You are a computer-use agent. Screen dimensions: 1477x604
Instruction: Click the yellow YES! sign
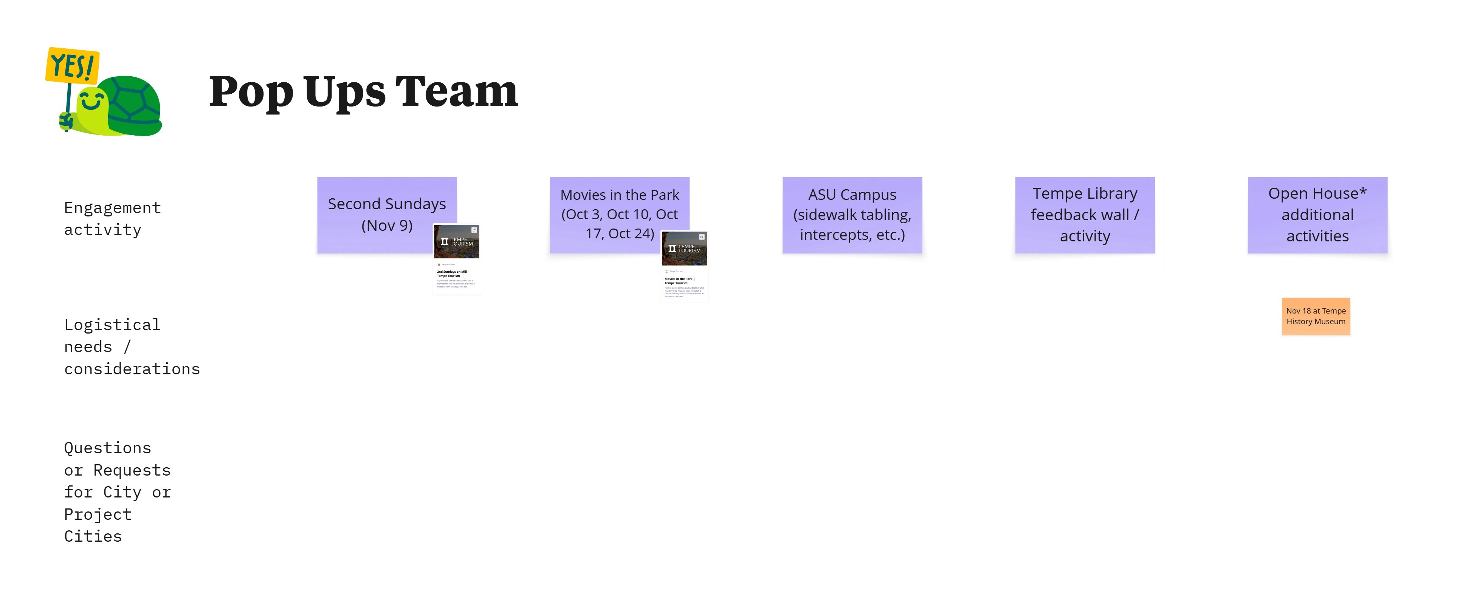[x=72, y=65]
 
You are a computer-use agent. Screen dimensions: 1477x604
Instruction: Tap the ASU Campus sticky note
[x=852, y=215]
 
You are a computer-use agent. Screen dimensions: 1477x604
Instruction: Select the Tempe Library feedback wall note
[x=1085, y=215]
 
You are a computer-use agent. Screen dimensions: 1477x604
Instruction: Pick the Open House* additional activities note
[x=1317, y=215]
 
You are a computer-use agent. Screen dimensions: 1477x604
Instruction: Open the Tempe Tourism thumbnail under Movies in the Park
[x=684, y=266]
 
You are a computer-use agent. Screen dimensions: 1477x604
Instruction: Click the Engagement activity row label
[x=112, y=218]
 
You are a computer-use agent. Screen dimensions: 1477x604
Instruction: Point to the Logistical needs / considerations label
[x=132, y=347]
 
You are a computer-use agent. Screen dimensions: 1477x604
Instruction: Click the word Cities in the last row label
[x=93, y=536]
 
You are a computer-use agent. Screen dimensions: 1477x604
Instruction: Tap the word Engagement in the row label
[x=112, y=207]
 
